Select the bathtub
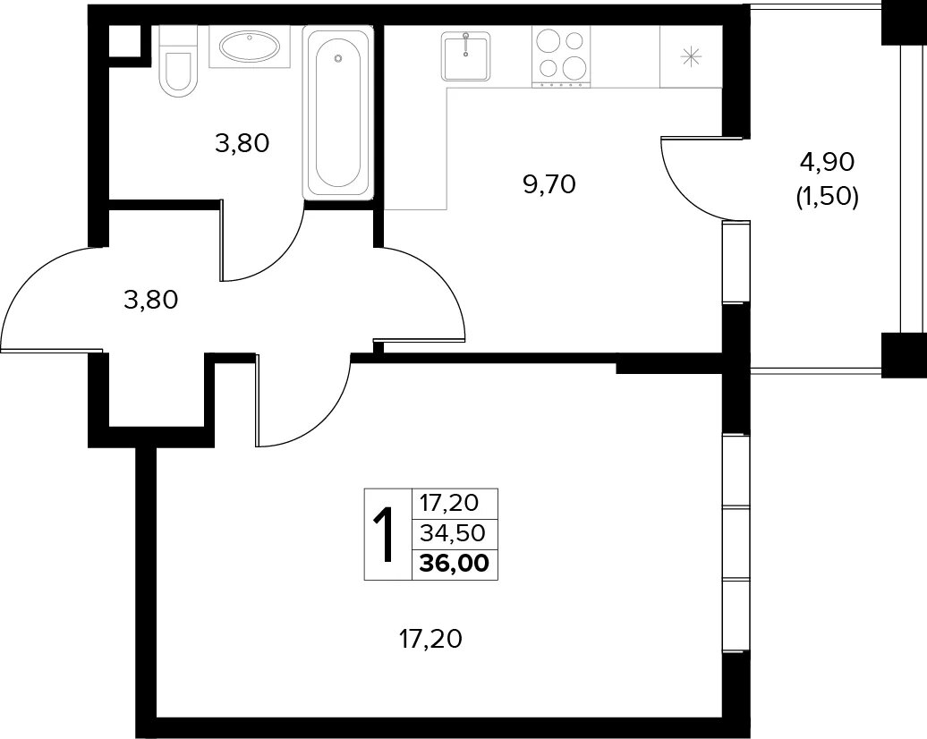[338, 112]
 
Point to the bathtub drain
[338, 58]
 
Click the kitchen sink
[466, 56]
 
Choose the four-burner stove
[561, 56]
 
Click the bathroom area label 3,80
[242, 143]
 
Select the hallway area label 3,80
[150, 301]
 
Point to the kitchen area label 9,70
[549, 185]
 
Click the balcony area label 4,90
[828, 162]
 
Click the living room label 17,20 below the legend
[429, 639]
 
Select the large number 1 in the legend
[385, 536]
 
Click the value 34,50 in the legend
[452, 534]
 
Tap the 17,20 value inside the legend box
[448, 503]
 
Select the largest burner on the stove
[573, 68]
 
